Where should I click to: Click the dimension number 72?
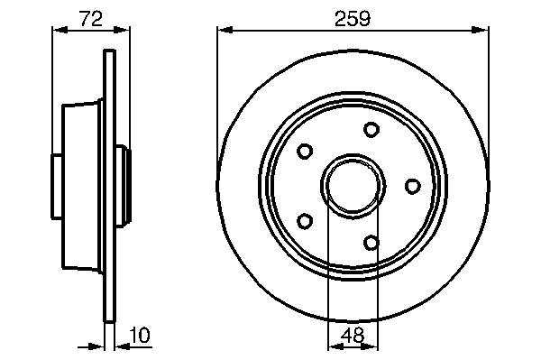point(91,19)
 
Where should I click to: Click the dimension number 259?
point(353,19)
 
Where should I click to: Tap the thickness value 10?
point(140,335)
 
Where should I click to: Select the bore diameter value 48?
point(353,335)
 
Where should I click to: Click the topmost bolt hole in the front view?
point(371,130)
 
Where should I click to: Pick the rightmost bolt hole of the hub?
point(413,187)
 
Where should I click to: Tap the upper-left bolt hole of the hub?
point(305,152)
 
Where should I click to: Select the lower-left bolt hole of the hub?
point(305,221)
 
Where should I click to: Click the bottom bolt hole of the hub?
point(371,243)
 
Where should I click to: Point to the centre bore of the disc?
point(353,187)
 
